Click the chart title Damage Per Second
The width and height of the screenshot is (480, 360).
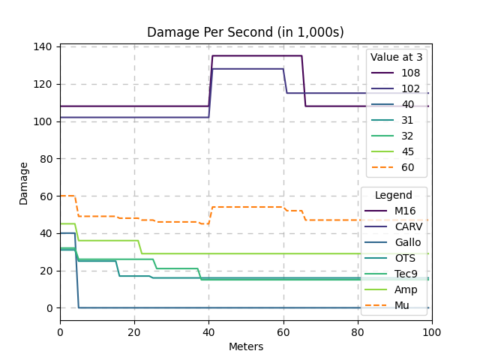[245, 32]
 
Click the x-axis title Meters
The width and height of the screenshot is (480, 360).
[246, 346]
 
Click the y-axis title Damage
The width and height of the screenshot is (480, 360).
[23, 182]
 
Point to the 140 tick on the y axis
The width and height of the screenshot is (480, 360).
[44, 46]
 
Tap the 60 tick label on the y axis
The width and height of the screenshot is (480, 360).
[46, 196]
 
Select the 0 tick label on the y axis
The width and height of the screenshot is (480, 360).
[49, 308]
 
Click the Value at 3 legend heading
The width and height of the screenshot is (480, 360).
[395, 58]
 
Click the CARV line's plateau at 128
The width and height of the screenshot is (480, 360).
[247, 69]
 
